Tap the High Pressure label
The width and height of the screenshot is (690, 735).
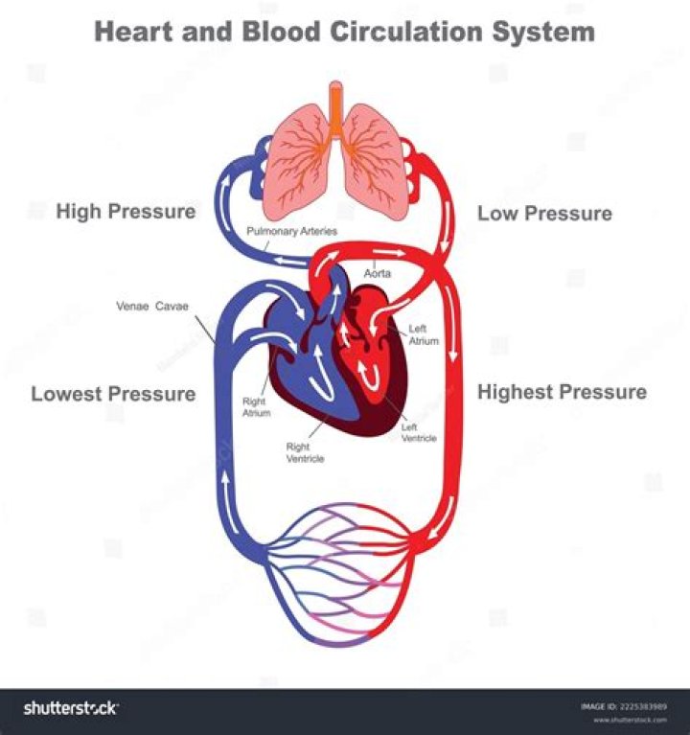126,211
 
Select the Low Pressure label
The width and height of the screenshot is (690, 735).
544,213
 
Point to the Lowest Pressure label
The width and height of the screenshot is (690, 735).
113,394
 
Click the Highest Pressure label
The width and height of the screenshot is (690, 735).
562,392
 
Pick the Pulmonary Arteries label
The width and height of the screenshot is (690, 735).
292,232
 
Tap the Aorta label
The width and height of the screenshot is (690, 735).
377,273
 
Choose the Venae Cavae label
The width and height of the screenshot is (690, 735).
151,307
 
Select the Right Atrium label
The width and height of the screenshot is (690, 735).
256,407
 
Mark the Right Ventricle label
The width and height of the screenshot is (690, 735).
305,452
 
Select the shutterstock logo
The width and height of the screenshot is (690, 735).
71,708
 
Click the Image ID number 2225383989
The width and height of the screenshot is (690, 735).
645,707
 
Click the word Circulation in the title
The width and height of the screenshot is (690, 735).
403,32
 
